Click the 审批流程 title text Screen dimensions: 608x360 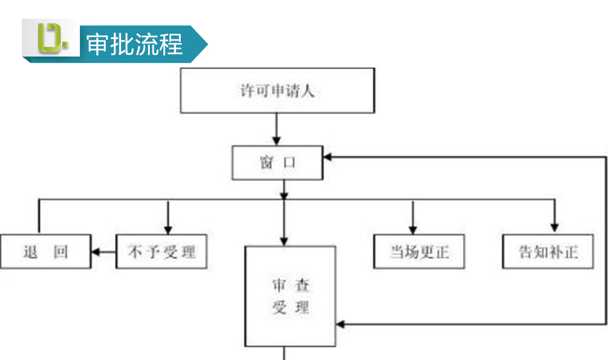pyautogui.click(x=134, y=44)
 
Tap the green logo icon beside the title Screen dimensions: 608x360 pyautogui.click(x=53, y=38)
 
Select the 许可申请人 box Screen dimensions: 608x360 pyautogui.click(x=277, y=91)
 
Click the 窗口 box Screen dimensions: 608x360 pyautogui.click(x=277, y=163)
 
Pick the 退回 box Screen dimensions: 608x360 pyautogui.click(x=46, y=251)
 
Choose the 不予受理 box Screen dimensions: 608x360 pyautogui.click(x=162, y=251)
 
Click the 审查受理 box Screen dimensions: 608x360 pyautogui.click(x=290, y=296)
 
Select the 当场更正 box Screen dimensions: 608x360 pyautogui.click(x=419, y=251)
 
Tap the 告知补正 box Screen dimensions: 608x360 pyautogui.click(x=548, y=251)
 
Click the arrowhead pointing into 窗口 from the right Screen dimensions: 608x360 pyautogui.click(x=327, y=157)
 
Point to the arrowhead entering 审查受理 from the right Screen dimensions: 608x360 pyautogui.click(x=340, y=325)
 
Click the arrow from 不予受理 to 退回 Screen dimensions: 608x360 pyautogui.click(x=104, y=252)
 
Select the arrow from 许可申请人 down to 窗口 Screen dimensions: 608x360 pyautogui.click(x=276, y=129)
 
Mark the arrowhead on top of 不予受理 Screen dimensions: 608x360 pyautogui.click(x=168, y=230)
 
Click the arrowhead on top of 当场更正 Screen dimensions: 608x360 pyautogui.click(x=413, y=230)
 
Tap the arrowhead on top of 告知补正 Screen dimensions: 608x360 pyautogui.click(x=555, y=228)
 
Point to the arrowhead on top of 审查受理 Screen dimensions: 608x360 pyautogui.click(x=284, y=241)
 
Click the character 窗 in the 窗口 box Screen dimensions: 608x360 pyautogui.click(x=266, y=163)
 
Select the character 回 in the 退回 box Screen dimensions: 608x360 pyautogui.click(x=60, y=252)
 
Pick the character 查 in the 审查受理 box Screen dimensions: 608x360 pyautogui.click(x=302, y=285)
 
